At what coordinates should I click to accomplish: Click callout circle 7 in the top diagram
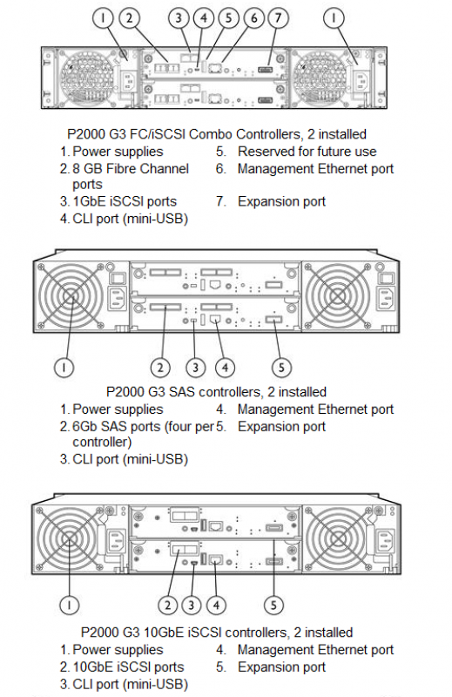point(278,18)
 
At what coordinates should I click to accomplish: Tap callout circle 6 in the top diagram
point(254,18)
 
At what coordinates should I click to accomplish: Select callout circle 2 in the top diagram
point(129,18)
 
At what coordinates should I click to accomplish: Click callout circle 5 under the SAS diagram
point(281,368)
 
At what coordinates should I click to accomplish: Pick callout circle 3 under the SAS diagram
point(195,368)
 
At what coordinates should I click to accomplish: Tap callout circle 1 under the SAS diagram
point(64,368)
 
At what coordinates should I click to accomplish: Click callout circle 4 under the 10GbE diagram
point(216,605)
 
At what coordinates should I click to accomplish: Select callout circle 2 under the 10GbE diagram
point(167,605)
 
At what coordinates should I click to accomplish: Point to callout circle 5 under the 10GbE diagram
point(273,605)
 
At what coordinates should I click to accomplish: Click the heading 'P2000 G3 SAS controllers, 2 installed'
point(217,392)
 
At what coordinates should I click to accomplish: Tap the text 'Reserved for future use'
point(307,152)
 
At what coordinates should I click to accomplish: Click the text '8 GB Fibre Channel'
point(131,169)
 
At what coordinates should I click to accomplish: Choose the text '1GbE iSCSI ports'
point(125,201)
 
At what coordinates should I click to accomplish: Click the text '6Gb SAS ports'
point(117,427)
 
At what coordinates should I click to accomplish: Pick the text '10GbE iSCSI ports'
point(128,667)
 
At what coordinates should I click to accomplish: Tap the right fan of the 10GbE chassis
point(337,539)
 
